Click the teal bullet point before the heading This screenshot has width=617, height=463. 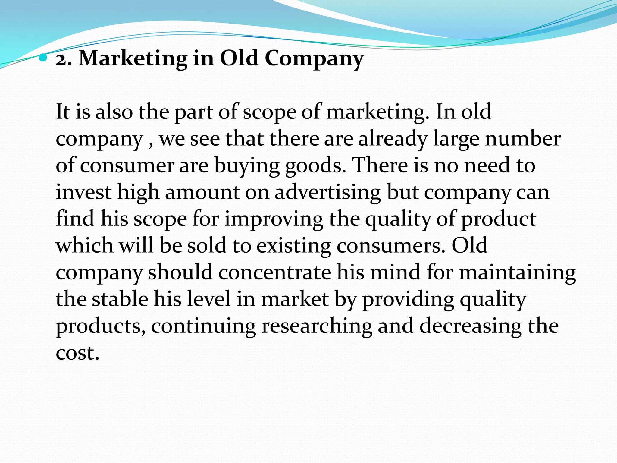[43, 57]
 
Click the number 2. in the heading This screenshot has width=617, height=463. [64, 58]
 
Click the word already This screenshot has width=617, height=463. [393, 139]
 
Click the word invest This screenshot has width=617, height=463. [84, 192]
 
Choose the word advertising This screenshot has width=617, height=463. [328, 193]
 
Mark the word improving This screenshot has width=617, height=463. [274, 219]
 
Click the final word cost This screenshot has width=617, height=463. [77, 353]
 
